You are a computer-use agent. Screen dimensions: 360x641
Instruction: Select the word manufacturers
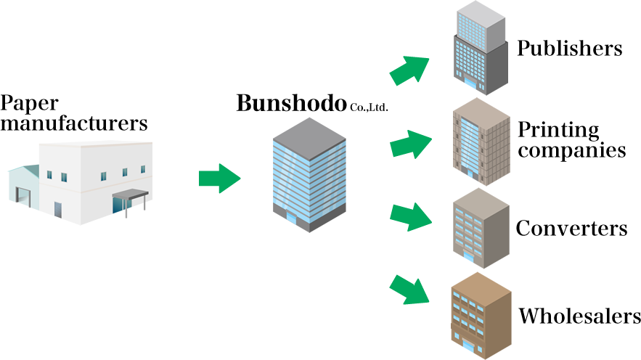coord(75,123)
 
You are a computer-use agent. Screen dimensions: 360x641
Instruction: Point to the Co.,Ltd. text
coord(369,107)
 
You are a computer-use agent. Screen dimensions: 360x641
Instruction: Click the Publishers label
coord(569,49)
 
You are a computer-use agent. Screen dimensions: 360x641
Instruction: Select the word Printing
coord(558,131)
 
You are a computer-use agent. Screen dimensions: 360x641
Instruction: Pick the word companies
coord(571,150)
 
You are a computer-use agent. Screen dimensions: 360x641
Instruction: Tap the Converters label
coord(571,229)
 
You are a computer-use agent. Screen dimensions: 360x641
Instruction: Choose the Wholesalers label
coord(579,316)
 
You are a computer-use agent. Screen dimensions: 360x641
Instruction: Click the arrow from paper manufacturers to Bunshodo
coord(219,178)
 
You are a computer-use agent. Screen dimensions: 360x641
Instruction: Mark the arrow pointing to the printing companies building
coord(411,142)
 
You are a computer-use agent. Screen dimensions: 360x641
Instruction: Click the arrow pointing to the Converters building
coord(411,216)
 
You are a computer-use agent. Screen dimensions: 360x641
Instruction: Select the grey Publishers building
coord(478,51)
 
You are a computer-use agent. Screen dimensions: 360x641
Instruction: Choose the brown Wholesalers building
coord(479,312)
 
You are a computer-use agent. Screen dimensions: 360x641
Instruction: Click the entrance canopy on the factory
coord(130,195)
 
